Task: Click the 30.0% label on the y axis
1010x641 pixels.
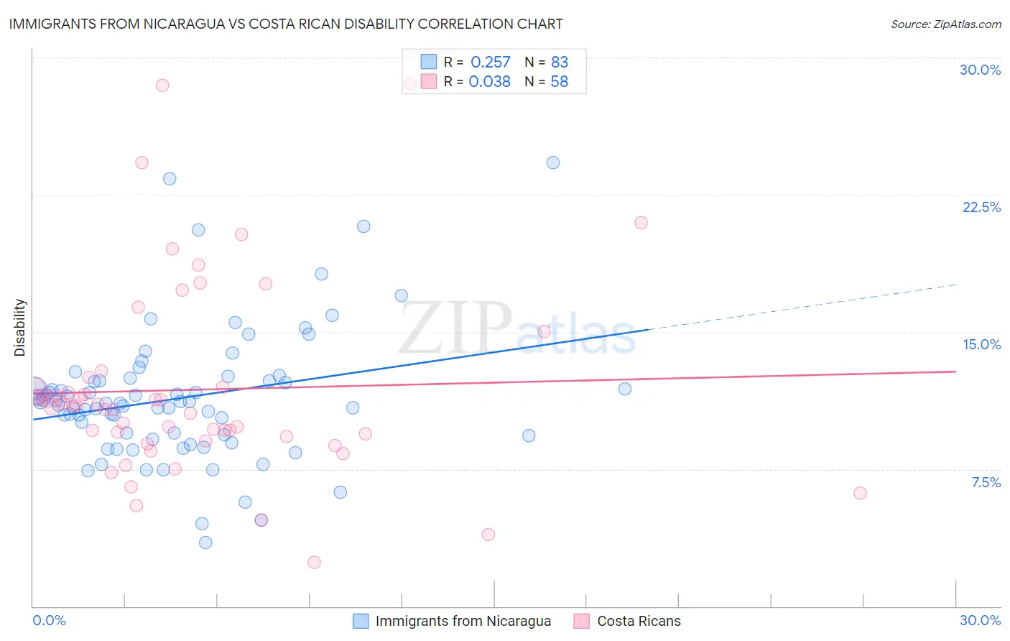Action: tap(980, 70)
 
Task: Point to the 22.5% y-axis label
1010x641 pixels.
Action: tap(981, 207)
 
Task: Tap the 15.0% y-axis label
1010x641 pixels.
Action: tap(981, 344)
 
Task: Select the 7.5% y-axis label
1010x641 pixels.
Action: tap(986, 482)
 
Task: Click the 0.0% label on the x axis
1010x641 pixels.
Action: tap(49, 620)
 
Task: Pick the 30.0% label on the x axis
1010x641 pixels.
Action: tap(980, 620)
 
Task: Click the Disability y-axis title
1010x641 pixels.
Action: tap(20, 328)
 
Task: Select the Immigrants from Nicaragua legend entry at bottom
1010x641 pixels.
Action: tap(463, 621)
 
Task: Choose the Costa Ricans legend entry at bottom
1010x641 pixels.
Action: tap(639, 621)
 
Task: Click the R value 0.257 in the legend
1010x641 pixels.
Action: tap(490, 63)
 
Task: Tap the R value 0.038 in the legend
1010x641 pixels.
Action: tap(489, 82)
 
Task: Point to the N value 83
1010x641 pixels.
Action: tap(559, 63)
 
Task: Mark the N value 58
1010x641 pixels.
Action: tap(559, 82)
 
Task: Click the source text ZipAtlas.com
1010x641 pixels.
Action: tap(945, 24)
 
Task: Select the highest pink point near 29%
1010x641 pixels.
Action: tap(162, 85)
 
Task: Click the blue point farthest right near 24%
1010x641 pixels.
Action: tap(553, 162)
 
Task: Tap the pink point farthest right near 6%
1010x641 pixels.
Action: tap(860, 493)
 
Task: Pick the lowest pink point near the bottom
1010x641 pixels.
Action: tap(314, 562)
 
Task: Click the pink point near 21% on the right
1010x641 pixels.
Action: tap(641, 223)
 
